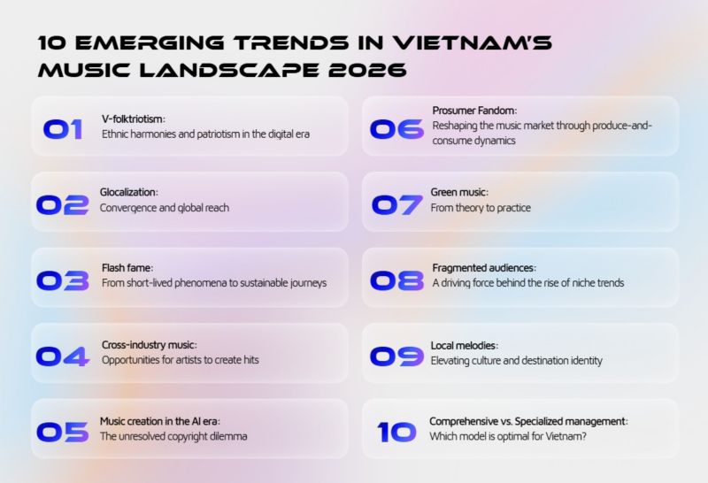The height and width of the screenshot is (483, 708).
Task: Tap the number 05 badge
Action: pyautogui.click(x=62, y=432)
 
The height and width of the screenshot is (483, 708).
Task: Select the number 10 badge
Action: pyautogui.click(x=396, y=432)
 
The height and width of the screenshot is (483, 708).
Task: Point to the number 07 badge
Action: pyautogui.click(x=396, y=204)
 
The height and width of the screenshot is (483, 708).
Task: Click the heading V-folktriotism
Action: pyautogui.click(x=134, y=119)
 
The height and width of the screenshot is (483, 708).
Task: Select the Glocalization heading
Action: pyautogui.click(x=130, y=192)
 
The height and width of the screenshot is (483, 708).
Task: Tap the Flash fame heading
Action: pyautogui.click(x=127, y=268)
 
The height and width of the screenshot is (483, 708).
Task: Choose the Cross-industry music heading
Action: pyautogui.click(x=149, y=344)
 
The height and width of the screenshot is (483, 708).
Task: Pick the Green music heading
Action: pyautogui.click(x=459, y=192)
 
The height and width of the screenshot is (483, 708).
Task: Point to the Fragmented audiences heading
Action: pyautogui.click(x=484, y=268)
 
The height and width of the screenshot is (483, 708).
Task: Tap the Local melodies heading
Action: pyautogui.click(x=465, y=345)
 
